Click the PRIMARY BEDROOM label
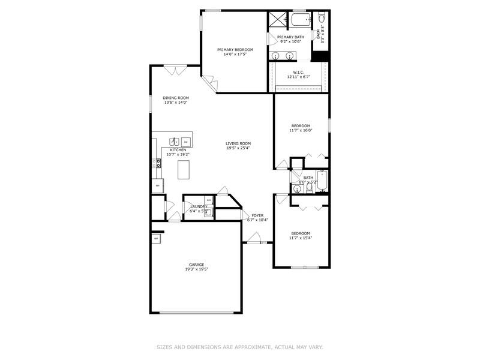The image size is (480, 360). pyautogui.click(x=235, y=49)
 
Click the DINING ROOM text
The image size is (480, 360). pyautogui.click(x=176, y=98)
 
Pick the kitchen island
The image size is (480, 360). pyautogui.click(x=184, y=170)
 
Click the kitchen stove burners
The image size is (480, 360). pyautogui.click(x=158, y=161)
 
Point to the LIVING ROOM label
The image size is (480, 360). pyautogui.click(x=238, y=143)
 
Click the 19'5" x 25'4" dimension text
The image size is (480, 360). pyautogui.click(x=238, y=148)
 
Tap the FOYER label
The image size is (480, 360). pyautogui.click(x=257, y=215)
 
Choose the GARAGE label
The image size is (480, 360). pyautogui.click(x=197, y=265)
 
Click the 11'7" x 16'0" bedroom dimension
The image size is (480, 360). pyautogui.click(x=301, y=130)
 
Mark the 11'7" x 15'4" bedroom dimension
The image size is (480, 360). pyautogui.click(x=301, y=238)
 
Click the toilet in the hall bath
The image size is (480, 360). pyautogui.click(x=309, y=188)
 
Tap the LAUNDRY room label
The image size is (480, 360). pyautogui.click(x=198, y=206)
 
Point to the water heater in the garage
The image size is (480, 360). pyautogui.click(x=156, y=239)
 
